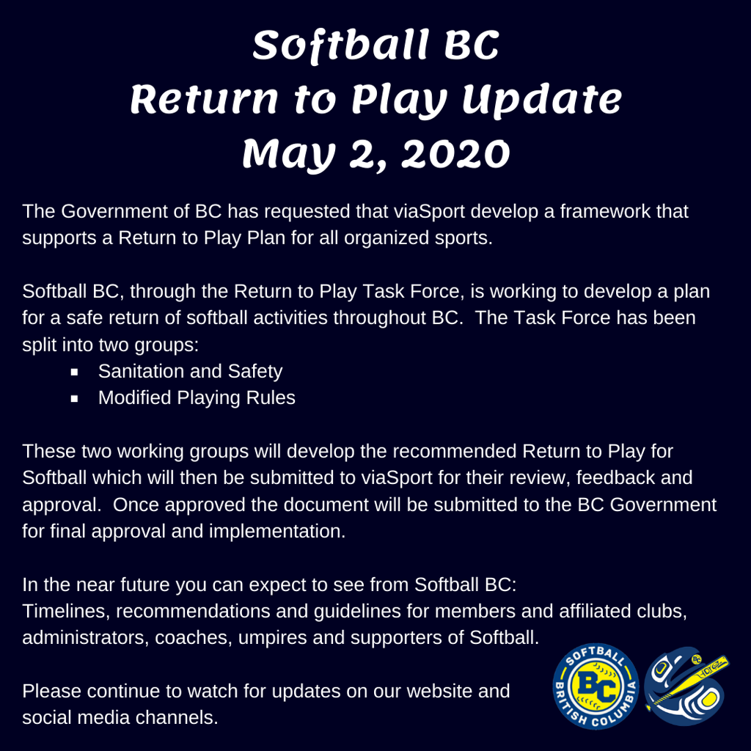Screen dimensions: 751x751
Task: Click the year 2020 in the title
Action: [455, 154]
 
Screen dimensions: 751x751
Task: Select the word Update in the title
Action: [542, 100]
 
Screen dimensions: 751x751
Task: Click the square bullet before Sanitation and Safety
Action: [74, 372]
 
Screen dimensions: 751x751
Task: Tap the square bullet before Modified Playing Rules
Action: [74, 398]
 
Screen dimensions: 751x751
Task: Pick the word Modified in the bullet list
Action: [135, 398]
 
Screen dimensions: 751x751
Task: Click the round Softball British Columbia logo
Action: [596, 686]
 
